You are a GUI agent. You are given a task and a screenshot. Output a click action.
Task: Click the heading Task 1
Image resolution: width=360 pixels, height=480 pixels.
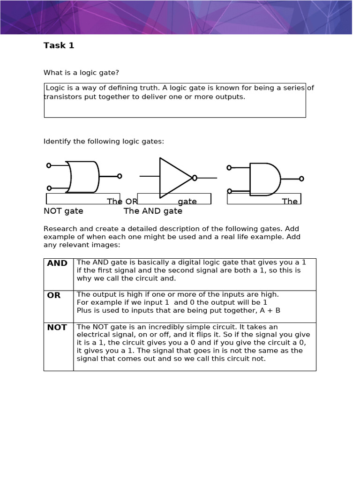pyautogui.click(x=59, y=45)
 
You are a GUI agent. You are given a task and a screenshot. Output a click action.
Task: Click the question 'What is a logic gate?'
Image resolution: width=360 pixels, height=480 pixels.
pyautogui.click(x=82, y=73)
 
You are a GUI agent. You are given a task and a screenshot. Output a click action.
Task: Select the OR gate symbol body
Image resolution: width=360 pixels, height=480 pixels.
pyautogui.click(x=83, y=177)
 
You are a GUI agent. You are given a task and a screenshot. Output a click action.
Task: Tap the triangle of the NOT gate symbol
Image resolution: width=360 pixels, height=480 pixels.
pyautogui.click(x=173, y=178)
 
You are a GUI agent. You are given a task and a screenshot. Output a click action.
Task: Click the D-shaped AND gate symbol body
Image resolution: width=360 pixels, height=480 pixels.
pyautogui.click(x=264, y=179)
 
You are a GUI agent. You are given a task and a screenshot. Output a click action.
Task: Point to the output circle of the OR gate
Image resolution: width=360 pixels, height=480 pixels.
pyautogui.click(x=120, y=176)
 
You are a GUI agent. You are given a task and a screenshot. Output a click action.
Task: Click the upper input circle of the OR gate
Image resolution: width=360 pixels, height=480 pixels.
pyautogui.click(x=49, y=165)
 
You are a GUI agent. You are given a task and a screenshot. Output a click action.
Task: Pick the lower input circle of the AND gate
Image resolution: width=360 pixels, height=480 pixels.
pyautogui.click(x=229, y=191)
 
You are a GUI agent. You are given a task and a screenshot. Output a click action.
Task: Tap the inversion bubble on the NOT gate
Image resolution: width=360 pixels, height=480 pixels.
pyautogui.click(x=195, y=178)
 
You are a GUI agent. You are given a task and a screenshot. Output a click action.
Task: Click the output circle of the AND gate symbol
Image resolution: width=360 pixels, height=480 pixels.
pyautogui.click(x=301, y=179)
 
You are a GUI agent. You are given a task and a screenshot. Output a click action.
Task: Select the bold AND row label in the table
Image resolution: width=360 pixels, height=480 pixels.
pyautogui.click(x=57, y=263)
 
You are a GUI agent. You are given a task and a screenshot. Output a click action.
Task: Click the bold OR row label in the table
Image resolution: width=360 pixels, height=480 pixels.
pyautogui.click(x=54, y=295)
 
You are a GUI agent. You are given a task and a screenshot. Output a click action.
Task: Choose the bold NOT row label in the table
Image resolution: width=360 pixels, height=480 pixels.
pyautogui.click(x=57, y=327)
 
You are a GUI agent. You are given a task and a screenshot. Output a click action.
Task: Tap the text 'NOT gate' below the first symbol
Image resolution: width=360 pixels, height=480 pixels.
pyautogui.click(x=63, y=211)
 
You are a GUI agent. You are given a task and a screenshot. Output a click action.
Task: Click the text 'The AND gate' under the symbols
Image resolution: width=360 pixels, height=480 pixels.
pyautogui.click(x=153, y=211)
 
